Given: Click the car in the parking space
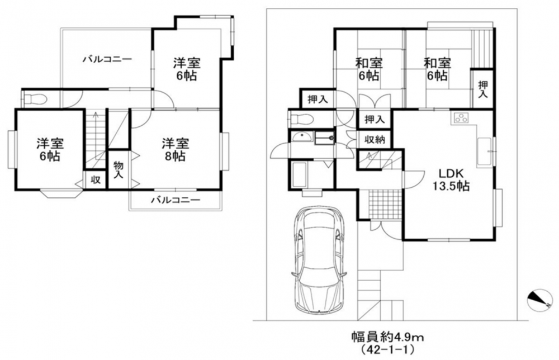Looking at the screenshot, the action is coord(319,259).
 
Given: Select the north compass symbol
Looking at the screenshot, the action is coord(539,300).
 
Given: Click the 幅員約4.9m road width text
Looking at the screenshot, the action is coord(387,336).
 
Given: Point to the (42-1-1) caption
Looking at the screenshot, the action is coord(387,350).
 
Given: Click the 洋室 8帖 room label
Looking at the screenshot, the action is coord(175,150).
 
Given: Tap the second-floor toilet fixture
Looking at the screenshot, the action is coord(34,99).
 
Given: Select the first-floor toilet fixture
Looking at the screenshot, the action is coord(302,119).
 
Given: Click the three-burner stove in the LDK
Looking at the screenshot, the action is coord(462,118).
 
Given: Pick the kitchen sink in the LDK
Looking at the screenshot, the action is coord(485,152).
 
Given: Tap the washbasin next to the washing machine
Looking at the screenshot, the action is coord(302,137).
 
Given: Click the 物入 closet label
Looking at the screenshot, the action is coord(119,170).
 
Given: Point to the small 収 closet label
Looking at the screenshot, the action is coord(95,180).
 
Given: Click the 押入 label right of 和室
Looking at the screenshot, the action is coord(483,89).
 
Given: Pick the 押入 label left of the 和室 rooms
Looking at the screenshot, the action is coord(318,100).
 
